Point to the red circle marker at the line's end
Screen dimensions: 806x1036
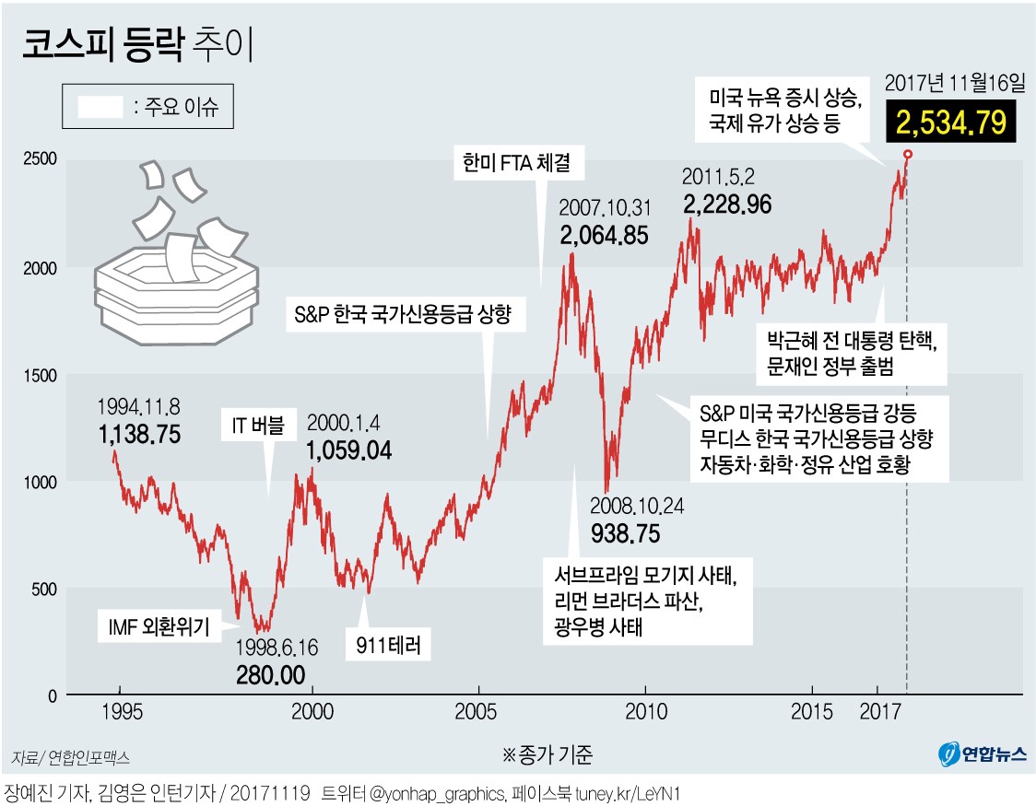click(908, 155)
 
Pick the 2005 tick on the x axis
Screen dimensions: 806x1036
click(478, 712)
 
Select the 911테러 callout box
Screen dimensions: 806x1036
click(387, 646)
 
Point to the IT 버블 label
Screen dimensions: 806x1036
click(258, 425)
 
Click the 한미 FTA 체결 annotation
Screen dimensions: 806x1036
click(517, 164)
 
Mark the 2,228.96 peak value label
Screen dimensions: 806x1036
click(727, 204)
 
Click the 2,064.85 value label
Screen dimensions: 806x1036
click(604, 235)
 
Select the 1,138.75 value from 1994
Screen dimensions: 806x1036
click(140, 434)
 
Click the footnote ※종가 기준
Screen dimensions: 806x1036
click(547, 755)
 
